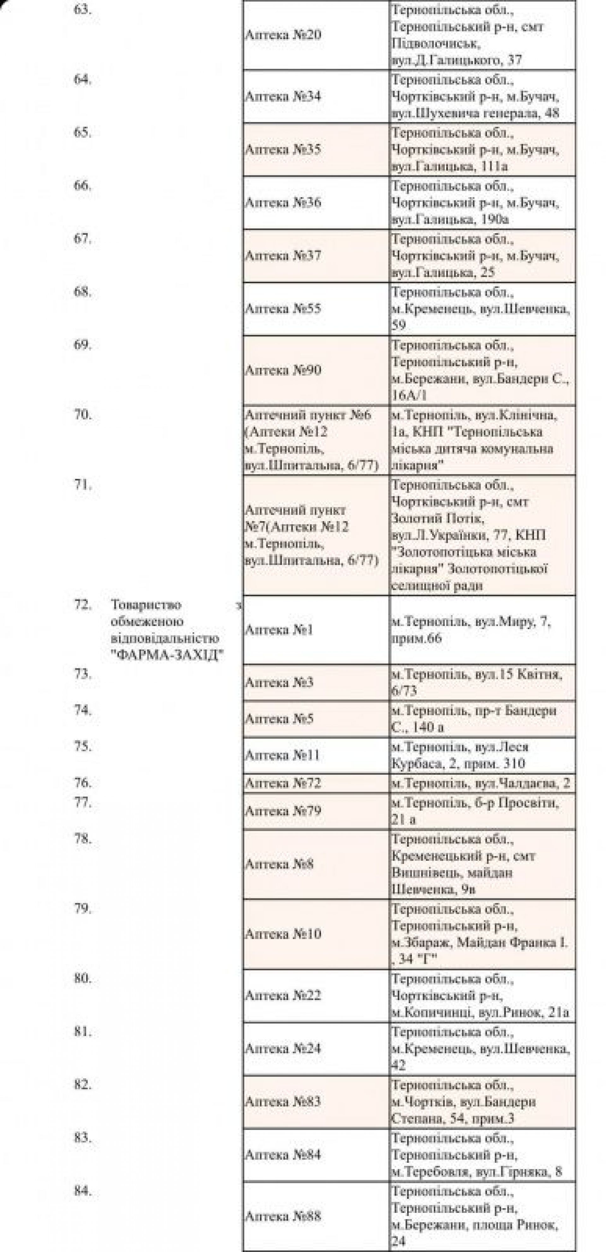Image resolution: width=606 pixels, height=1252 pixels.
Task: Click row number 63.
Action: [x=82, y=10]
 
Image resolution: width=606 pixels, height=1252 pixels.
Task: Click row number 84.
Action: [x=82, y=1191]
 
